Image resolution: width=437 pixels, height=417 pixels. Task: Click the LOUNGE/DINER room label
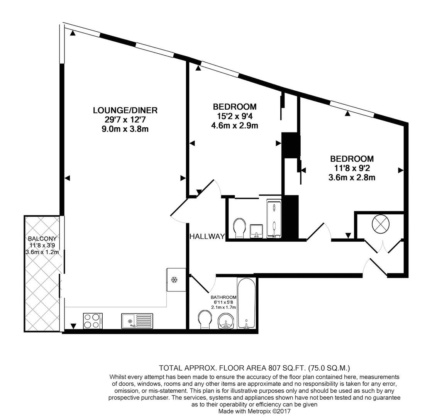pos(125,110)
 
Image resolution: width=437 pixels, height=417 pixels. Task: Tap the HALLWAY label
pos(207,236)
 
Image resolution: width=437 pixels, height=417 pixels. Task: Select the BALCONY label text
pos(42,239)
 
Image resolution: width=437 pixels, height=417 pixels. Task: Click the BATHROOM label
pos(224,297)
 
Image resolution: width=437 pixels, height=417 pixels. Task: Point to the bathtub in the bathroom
pos(246,303)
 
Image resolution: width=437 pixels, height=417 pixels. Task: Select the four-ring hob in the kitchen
pos(93,321)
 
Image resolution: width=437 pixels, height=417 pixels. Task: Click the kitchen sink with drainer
pos(137,321)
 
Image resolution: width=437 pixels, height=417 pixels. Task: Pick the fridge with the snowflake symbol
pos(176,280)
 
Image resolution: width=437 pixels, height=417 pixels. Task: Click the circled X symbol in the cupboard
pos(380,224)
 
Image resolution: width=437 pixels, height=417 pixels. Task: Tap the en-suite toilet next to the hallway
pos(240,228)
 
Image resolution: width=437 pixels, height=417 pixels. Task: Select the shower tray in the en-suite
pos(274,219)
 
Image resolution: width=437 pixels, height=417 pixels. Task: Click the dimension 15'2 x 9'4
pos(235,116)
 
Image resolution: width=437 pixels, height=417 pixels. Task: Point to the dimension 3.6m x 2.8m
pos(352,178)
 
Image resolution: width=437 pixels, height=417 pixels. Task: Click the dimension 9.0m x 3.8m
pos(125,129)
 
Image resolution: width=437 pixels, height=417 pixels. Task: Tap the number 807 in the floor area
pos(274,368)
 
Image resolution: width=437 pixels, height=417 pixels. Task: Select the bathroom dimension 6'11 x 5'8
pos(224,302)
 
